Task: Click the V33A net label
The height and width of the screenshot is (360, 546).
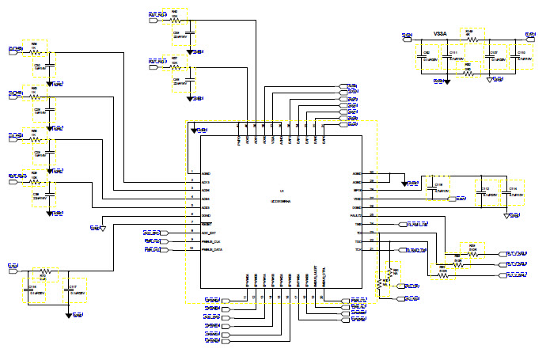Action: [x=441, y=33]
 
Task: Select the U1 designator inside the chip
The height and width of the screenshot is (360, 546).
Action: [x=282, y=192]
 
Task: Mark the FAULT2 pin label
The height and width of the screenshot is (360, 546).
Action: [x=356, y=215]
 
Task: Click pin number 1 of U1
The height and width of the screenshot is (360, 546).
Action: [x=192, y=172]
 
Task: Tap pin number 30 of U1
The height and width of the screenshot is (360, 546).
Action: [x=371, y=172]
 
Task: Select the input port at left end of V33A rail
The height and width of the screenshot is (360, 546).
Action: [x=408, y=36]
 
